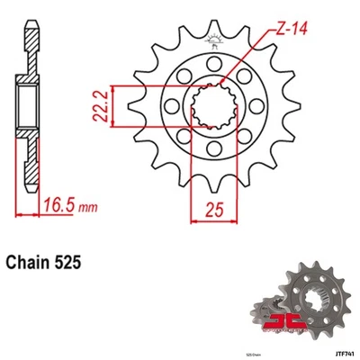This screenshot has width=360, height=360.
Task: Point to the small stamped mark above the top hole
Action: [x=214, y=40]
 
